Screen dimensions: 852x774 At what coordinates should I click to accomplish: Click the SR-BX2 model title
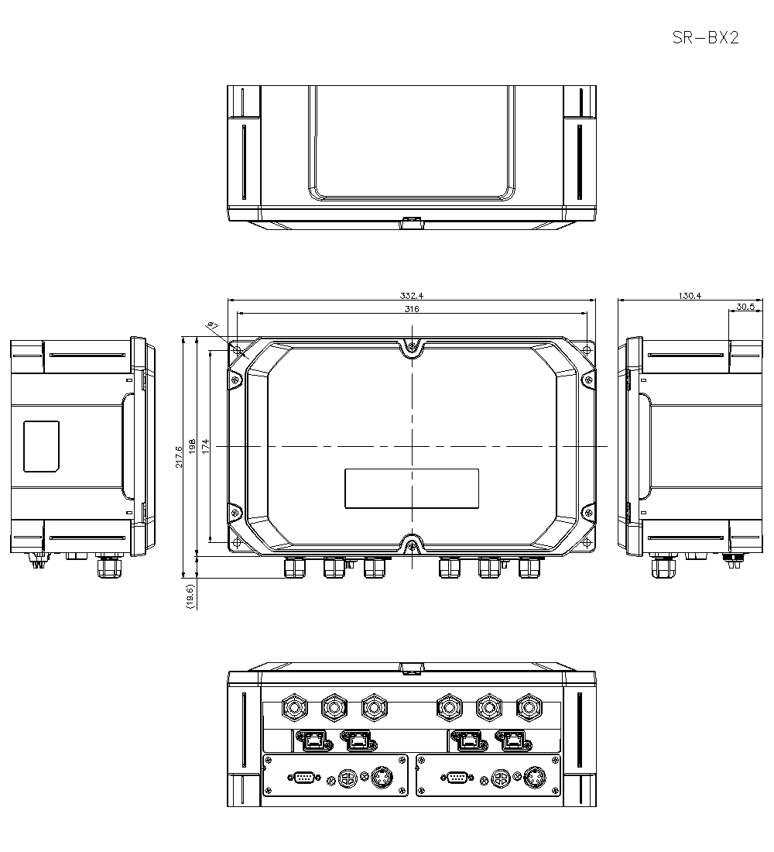(705, 38)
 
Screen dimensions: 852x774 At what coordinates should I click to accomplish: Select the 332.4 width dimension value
(412, 295)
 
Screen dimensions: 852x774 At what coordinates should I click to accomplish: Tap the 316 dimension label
(412, 309)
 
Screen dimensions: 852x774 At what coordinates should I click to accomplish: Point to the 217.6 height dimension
(180, 456)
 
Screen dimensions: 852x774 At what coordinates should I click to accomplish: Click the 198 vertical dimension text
(192, 447)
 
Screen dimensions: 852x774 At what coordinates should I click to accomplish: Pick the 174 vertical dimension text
(206, 447)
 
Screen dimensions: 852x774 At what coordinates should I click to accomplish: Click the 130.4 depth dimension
(690, 295)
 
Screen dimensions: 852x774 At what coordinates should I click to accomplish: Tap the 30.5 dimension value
(745, 307)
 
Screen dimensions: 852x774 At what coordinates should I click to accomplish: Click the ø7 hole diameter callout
(211, 325)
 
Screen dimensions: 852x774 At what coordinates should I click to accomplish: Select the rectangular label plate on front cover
(411, 489)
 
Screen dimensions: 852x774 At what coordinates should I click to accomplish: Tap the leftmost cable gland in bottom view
(293, 706)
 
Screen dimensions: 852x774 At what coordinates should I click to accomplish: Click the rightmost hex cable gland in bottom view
(528, 706)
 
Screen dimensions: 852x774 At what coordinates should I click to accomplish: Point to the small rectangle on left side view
(41, 446)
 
